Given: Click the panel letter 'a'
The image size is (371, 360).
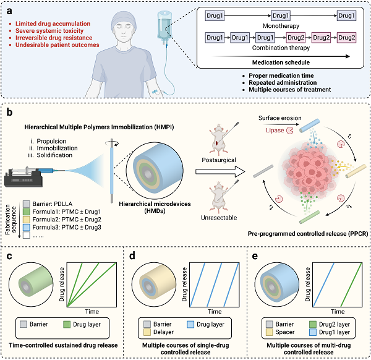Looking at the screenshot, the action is click(9, 11).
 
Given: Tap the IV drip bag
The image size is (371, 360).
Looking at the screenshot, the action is click(164, 26).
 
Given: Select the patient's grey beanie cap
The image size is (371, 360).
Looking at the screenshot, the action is click(124, 20).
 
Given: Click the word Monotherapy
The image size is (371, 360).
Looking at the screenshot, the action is click(281, 26).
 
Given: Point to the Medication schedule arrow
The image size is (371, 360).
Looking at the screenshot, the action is click(281, 56).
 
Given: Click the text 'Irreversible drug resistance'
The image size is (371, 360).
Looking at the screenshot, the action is click(54, 38).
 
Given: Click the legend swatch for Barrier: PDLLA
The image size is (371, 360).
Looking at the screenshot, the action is click(26, 204).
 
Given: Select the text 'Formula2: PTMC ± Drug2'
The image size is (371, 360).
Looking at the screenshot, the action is click(67, 220).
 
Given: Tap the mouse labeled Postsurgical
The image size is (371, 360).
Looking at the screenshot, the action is click(220, 140).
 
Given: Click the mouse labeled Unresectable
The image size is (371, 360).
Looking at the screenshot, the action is click(220, 197).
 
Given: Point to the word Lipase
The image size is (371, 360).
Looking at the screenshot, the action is click(275, 131).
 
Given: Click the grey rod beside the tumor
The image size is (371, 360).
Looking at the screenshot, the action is click(263, 171).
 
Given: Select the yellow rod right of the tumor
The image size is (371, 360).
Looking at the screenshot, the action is click(356, 171).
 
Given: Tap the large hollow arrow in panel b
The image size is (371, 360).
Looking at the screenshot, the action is click(220, 171).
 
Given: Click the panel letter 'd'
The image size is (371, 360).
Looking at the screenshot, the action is click(132, 256).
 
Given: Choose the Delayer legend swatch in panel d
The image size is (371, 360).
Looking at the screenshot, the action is click(147, 332).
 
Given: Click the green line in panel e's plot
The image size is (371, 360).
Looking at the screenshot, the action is click(351, 285).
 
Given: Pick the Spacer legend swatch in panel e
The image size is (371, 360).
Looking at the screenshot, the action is click(270, 332).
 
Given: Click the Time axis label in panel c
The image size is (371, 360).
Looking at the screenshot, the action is click(92, 312).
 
